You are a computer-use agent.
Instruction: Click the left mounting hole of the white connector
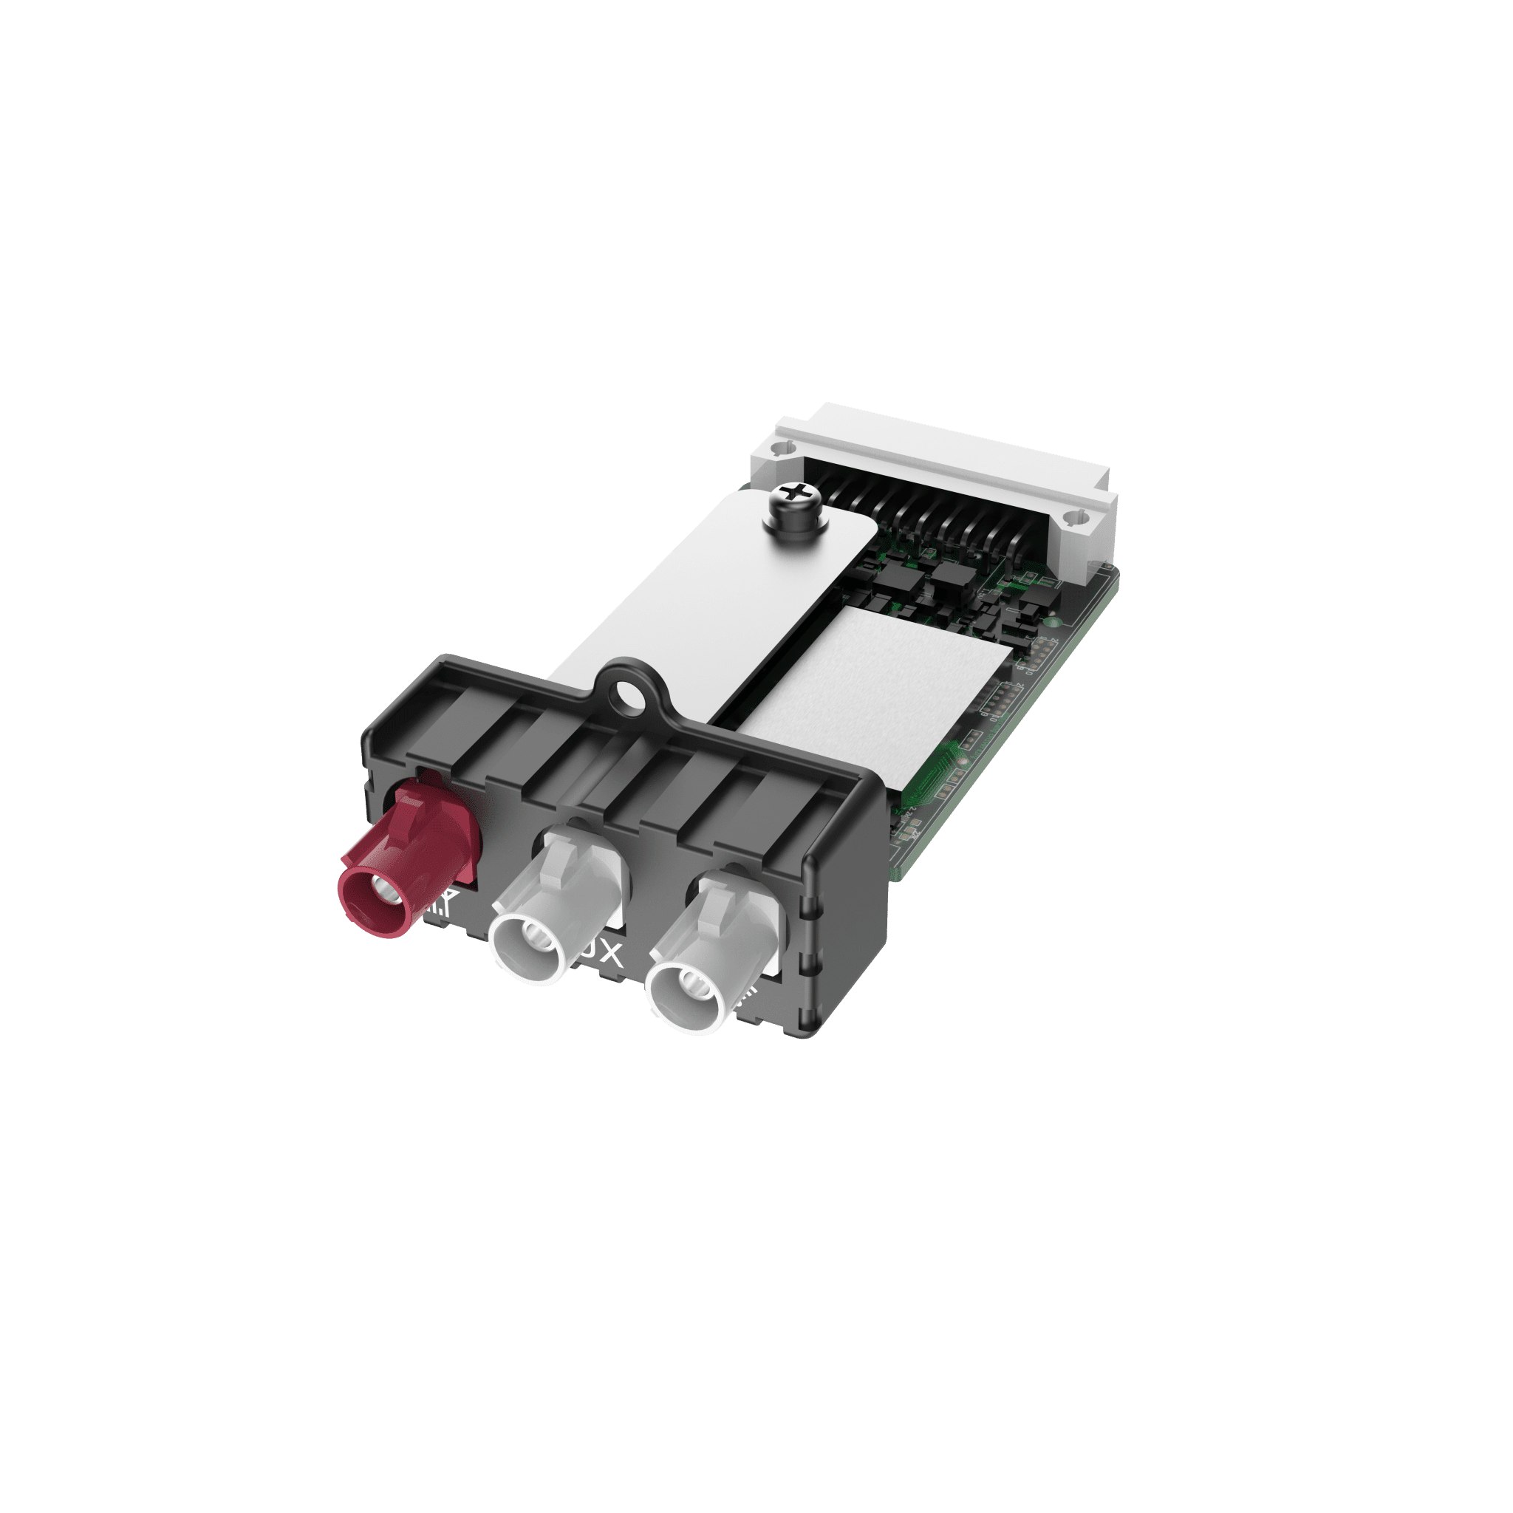(778, 448)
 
